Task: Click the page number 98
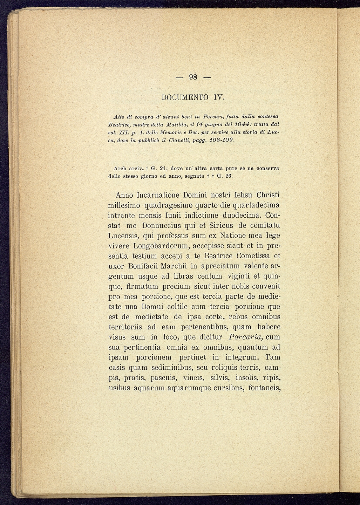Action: click(194, 77)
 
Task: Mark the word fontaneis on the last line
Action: click(264, 388)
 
